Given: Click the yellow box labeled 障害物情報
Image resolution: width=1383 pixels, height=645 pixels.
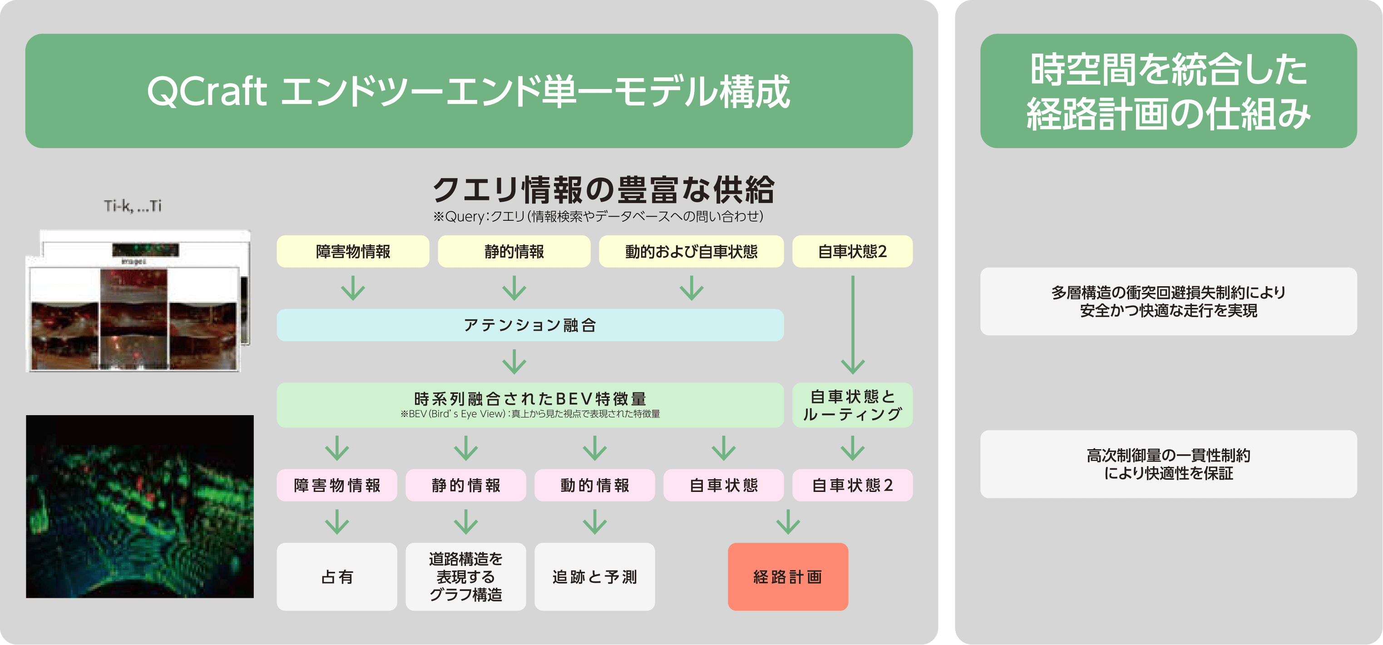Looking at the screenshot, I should [353, 251].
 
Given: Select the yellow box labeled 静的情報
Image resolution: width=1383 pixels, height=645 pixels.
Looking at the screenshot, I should [514, 251].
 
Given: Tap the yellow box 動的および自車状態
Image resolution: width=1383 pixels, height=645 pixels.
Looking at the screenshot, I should [691, 251].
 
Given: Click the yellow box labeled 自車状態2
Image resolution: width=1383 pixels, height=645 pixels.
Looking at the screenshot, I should [852, 251].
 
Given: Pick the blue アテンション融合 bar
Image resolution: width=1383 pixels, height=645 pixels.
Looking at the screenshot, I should [530, 325].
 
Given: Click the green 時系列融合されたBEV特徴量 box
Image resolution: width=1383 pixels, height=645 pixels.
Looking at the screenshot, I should [530, 405].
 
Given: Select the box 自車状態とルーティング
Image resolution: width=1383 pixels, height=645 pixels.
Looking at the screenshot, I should [852, 405].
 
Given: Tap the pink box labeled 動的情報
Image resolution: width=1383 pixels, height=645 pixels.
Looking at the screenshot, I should [594, 486].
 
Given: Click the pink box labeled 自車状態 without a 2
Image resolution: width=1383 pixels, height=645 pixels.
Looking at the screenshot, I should [723, 486].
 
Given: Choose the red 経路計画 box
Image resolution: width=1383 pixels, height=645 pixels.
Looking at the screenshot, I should [788, 577].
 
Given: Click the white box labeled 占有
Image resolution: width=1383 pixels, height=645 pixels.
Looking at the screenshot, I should [336, 577].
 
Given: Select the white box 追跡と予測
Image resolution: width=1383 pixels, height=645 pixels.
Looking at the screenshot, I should [594, 577].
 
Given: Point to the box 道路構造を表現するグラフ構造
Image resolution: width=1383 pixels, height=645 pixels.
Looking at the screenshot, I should [465, 577].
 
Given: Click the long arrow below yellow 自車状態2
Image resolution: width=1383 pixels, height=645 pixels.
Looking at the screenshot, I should [853, 325].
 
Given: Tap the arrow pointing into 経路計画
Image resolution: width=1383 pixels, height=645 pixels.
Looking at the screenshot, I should [788, 522].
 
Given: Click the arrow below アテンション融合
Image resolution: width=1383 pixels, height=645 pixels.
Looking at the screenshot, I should [514, 362].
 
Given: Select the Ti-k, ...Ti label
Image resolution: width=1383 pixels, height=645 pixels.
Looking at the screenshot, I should [133, 206].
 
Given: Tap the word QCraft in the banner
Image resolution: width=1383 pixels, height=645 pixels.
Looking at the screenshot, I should [207, 91].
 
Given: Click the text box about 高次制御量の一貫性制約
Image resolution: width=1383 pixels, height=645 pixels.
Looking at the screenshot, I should [1168, 464].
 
